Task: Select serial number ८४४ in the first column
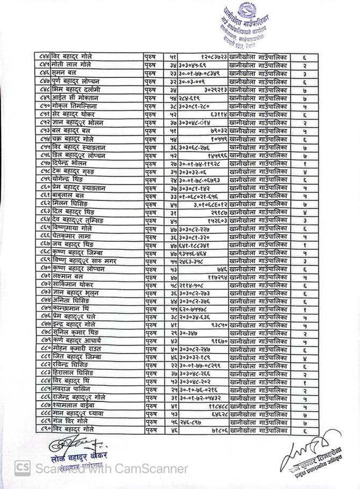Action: pos(45,55)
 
